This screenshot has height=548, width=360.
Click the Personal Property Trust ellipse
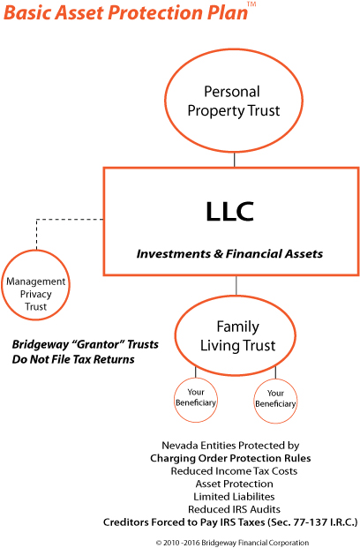pyautogui.click(x=165, y=101)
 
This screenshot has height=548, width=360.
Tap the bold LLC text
pyautogui.click(x=229, y=212)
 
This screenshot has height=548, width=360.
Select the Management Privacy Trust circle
pyautogui.click(x=3, y=285)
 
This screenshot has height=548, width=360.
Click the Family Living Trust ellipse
pyautogui.click(x=176, y=335)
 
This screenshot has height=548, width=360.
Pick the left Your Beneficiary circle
pyautogui.click(x=175, y=399)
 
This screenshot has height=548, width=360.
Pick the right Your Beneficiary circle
pyautogui.click(x=254, y=402)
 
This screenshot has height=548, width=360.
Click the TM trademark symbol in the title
pyautogui.click(x=251, y=4)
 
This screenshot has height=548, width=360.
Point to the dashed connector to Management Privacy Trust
pyautogui.click(x=37, y=220)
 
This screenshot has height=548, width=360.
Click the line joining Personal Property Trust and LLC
pyautogui.click(x=234, y=160)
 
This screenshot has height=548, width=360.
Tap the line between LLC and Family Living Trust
pyautogui.click(x=236, y=286)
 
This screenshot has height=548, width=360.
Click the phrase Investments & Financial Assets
pyautogui.click(x=229, y=254)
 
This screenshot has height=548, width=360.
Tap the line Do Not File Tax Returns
pyautogui.click(x=73, y=359)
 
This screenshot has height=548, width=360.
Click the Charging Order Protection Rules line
pyautogui.click(x=230, y=458)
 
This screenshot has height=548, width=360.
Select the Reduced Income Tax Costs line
pyautogui.click(x=234, y=471)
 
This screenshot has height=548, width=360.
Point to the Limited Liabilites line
pyautogui.click(x=234, y=497)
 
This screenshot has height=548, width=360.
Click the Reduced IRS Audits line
pyautogui.click(x=234, y=509)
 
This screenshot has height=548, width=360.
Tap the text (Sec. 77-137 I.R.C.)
pyautogui.click(x=312, y=522)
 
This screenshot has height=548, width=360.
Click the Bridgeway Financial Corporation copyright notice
pyautogui.click(x=232, y=543)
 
